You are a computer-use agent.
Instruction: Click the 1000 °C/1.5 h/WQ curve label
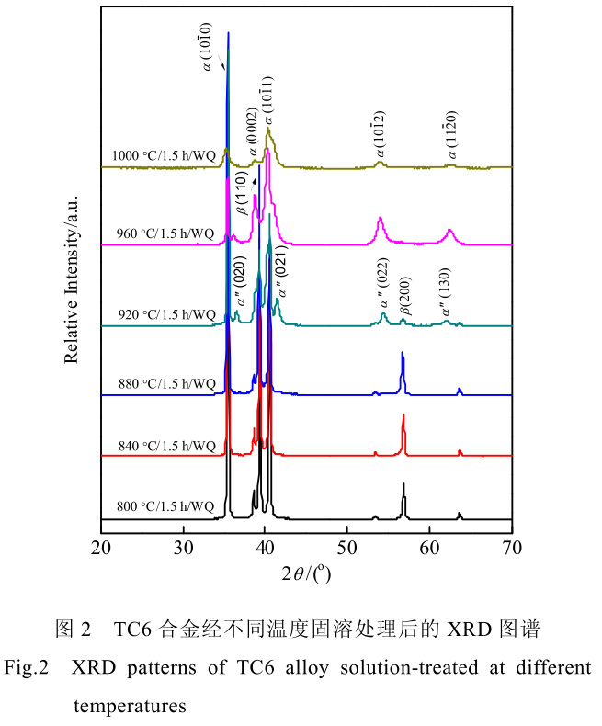coord(164,155)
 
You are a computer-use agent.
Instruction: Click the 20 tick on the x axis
coord(102,549)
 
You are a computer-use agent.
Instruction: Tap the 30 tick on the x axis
coord(184,549)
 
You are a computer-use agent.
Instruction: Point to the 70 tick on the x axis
coord(512,549)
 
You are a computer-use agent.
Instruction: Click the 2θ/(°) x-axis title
coord(307,576)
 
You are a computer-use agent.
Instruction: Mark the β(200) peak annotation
coord(405,297)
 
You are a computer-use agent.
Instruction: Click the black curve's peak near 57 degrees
coord(403,484)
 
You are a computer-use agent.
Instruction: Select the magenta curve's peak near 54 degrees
coord(381,219)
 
